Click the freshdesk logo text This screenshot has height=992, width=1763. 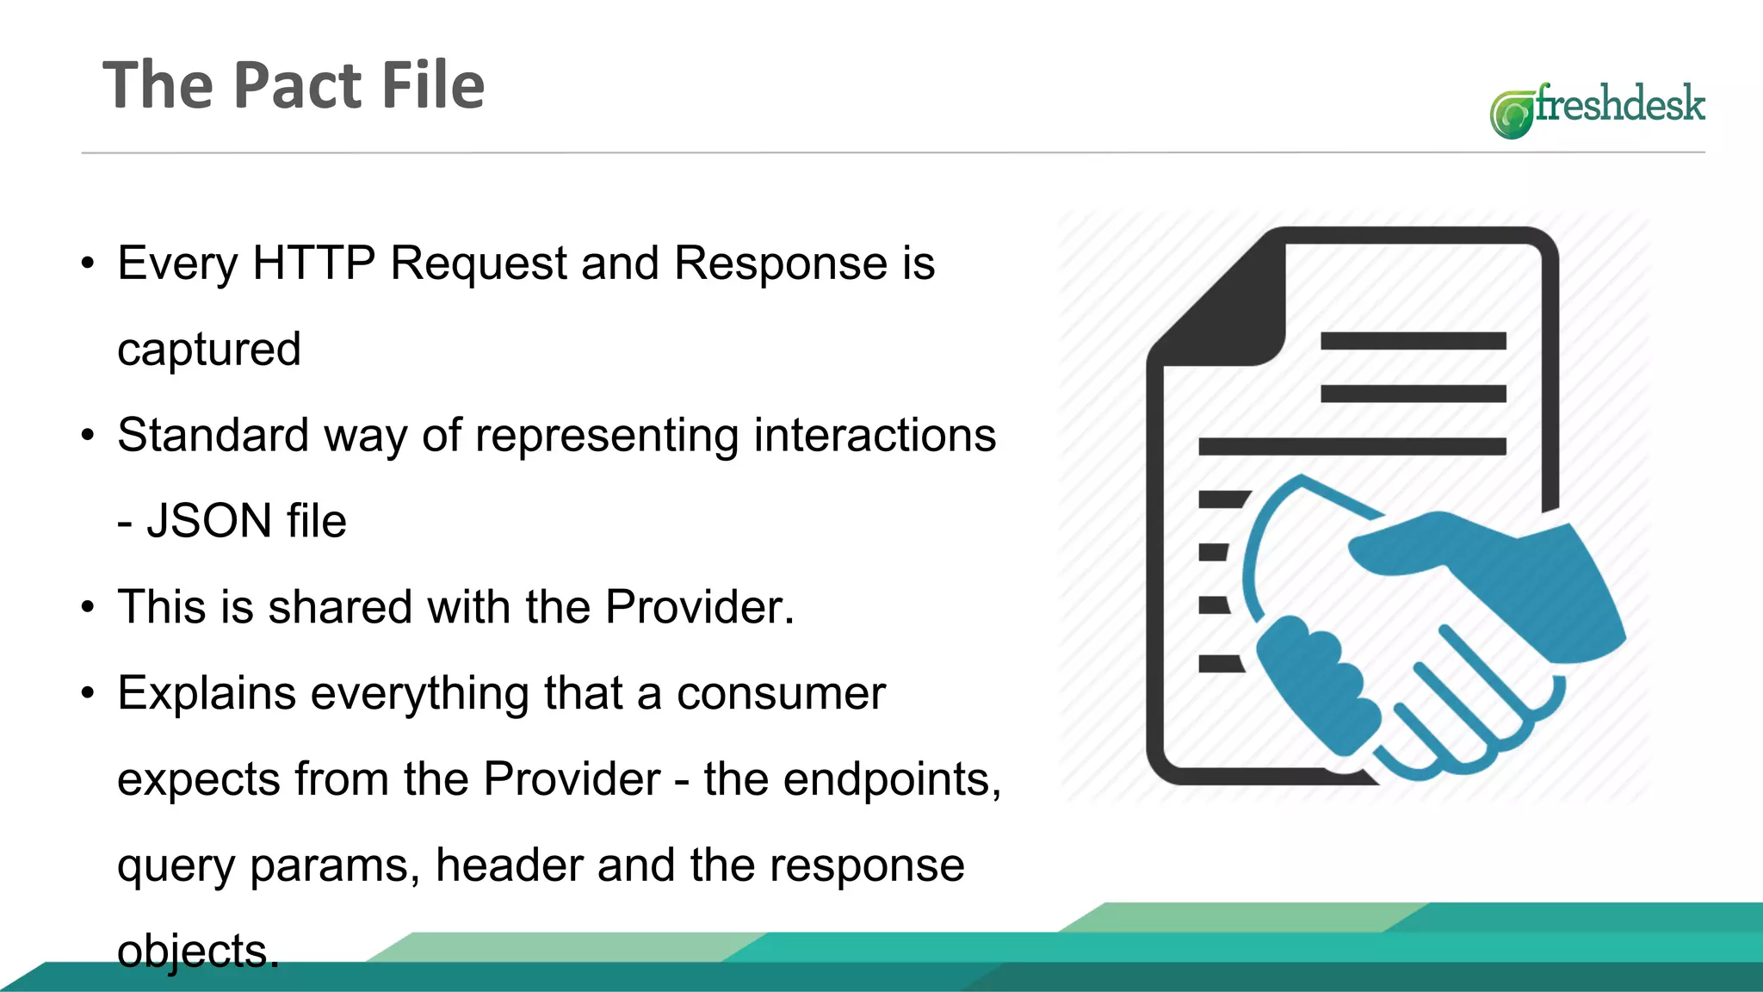click(1619, 104)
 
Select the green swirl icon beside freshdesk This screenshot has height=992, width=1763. click(1512, 115)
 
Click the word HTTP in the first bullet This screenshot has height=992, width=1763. click(313, 263)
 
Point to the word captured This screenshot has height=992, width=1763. click(209, 350)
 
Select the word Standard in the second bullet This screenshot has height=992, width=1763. click(213, 435)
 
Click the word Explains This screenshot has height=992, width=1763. click(207, 693)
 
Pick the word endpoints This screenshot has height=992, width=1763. click(890, 779)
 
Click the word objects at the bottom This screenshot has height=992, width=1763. click(197, 952)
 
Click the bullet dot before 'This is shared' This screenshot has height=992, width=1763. click(88, 607)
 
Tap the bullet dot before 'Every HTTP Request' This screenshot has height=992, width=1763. click(88, 263)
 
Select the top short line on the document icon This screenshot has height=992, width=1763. click(1413, 341)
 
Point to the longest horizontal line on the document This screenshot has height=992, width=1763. click(1352, 446)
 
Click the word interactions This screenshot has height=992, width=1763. click(875, 435)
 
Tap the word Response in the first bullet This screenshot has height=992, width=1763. click(781, 263)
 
